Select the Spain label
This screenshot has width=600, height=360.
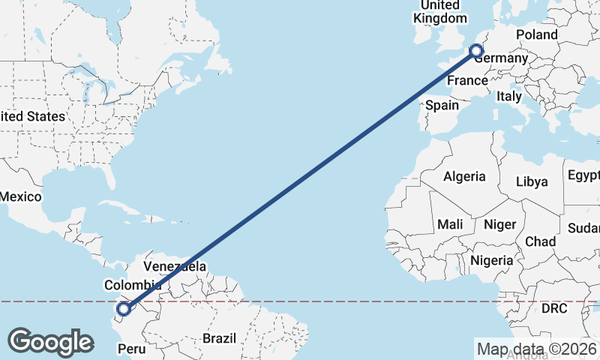click(x=442, y=106)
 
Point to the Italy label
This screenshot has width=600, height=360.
click(x=509, y=97)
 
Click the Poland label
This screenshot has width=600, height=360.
click(x=537, y=34)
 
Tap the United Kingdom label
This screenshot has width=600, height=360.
click(x=439, y=12)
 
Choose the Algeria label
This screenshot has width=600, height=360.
click(x=464, y=178)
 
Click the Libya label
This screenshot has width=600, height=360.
click(x=532, y=181)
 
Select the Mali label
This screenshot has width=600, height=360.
click(x=451, y=224)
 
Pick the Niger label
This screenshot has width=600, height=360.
click(x=500, y=224)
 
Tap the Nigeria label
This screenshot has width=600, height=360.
click(x=492, y=260)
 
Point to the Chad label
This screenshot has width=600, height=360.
click(x=541, y=241)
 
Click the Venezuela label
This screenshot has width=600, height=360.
click(x=175, y=266)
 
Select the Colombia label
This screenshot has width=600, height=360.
click(x=133, y=285)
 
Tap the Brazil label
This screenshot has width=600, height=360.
click(x=219, y=338)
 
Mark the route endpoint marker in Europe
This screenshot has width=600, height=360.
click(x=475, y=51)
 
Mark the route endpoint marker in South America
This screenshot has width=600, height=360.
click(x=124, y=307)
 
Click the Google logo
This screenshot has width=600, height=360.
click(x=50, y=342)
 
